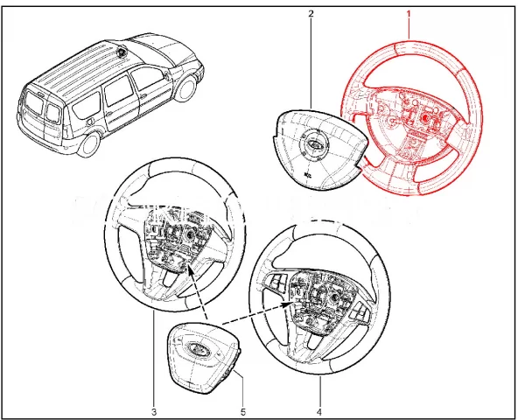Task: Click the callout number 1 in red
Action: coord(407,15)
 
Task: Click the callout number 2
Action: coord(311,15)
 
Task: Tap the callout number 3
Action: coord(154,410)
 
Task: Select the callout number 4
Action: coord(319,410)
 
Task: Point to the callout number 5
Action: coord(243,410)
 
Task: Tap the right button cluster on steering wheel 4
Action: coord(362,311)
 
